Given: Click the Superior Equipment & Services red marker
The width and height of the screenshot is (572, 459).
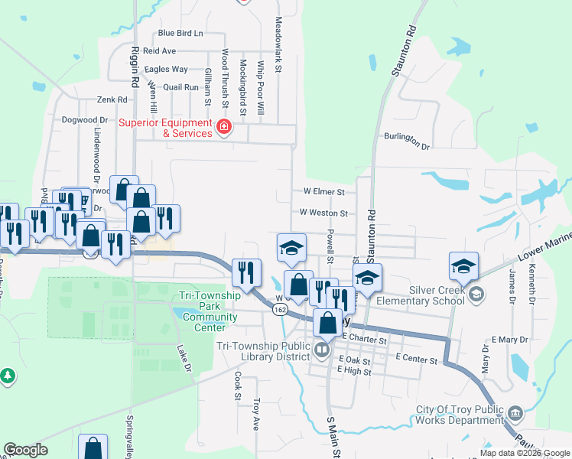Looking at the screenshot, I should pyautogui.click(x=223, y=128).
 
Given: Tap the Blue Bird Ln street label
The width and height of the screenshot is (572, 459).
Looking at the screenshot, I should pyautogui.click(x=181, y=33).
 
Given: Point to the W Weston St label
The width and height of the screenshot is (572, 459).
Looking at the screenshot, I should pyautogui.click(x=323, y=213).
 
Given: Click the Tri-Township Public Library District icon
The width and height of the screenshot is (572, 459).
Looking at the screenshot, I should pyautogui.click(x=322, y=351).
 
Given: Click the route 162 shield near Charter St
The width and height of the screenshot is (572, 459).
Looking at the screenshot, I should pyautogui.click(x=279, y=309).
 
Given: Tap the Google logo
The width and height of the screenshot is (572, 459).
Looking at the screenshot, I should pyautogui.click(x=25, y=450).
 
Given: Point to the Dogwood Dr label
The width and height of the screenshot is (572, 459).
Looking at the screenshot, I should pyautogui.click(x=85, y=120).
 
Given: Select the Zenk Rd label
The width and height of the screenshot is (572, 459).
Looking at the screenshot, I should pyautogui.click(x=111, y=100).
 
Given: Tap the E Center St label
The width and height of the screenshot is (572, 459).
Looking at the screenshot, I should pyautogui.click(x=416, y=358).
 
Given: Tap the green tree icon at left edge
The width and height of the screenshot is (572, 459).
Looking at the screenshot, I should pyautogui.click(x=8, y=376).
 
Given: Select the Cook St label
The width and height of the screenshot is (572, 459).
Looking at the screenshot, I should pyautogui.click(x=238, y=386).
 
